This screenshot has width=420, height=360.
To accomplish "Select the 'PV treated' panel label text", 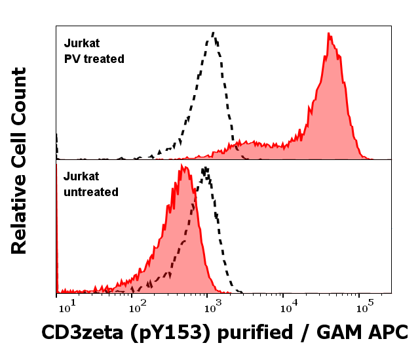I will click(x=94, y=58).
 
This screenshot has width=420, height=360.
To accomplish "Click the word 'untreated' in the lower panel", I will click(x=91, y=192).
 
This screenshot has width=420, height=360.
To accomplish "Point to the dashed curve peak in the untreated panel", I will click(x=206, y=169).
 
